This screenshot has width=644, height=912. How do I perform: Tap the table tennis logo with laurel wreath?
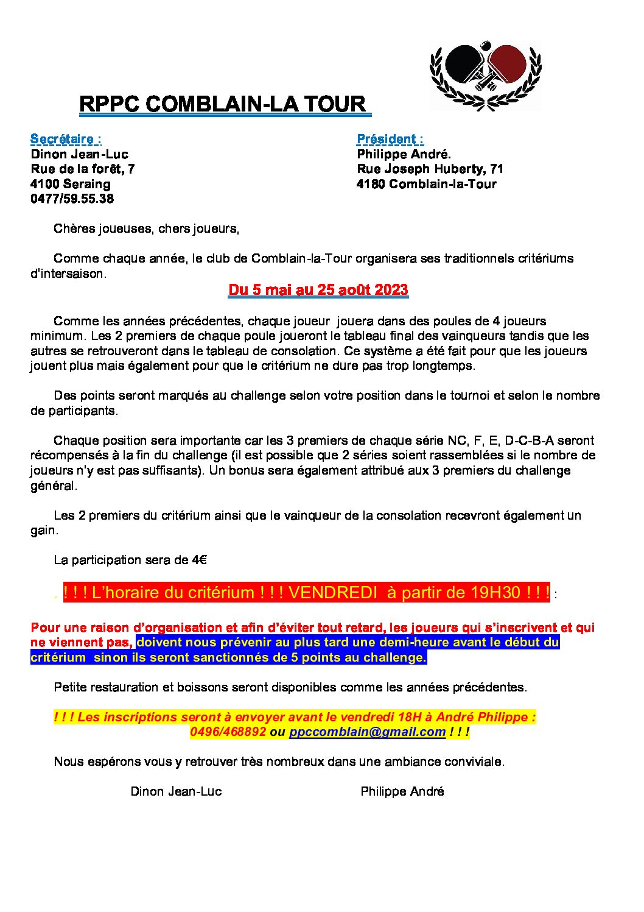[485, 76]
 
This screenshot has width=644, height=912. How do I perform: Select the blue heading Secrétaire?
[66, 140]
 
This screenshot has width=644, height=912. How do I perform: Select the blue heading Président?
[390, 140]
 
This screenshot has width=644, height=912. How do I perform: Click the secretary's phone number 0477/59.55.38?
[72, 199]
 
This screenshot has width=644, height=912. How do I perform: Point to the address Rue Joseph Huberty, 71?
[430, 169]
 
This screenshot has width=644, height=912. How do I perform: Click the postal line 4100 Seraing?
[71, 184]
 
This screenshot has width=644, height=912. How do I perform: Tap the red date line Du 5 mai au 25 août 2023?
[318, 289]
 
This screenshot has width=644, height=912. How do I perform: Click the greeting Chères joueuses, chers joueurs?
[146, 228]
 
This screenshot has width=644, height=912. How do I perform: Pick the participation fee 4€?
[200, 560]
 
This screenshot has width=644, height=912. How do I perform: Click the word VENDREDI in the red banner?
[332, 593]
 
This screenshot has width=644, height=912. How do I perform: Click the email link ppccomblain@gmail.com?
[367, 732]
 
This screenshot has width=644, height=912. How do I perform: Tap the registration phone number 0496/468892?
[228, 732]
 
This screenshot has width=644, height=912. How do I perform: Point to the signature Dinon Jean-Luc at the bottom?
[176, 791]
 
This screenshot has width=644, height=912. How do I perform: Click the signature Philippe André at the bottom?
[402, 791]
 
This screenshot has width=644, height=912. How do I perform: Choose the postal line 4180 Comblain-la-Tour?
[426, 184]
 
